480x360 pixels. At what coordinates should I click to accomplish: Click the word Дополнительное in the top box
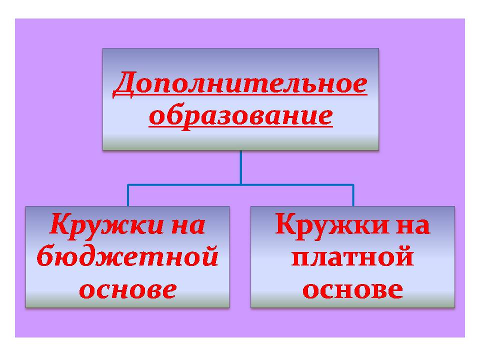(240, 84)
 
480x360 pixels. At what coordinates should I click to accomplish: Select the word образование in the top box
(240, 117)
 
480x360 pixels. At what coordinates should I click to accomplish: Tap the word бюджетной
(127, 256)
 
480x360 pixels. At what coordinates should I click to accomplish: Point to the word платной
(352, 256)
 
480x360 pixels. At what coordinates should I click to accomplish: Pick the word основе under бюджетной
(128, 289)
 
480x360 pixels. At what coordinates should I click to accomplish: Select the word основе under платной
(352, 289)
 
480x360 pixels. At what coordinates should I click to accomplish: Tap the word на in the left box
(188, 226)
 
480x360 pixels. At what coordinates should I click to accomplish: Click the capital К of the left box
(62, 224)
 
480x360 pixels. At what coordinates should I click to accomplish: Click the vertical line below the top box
(241, 167)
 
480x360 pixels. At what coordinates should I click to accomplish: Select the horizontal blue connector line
(240, 185)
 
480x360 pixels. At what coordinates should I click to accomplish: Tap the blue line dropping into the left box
(128, 195)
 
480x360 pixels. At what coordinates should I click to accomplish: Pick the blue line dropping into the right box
(353, 195)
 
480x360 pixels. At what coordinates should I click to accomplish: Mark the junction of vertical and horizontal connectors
(241, 185)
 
